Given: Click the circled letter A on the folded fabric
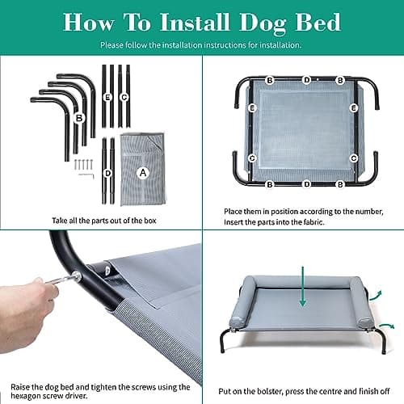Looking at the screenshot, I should tap(143, 171).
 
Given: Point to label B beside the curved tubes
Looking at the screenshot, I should tap(79, 118).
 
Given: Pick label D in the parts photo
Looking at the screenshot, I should tap(107, 173).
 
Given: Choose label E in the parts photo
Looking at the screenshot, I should tap(107, 96).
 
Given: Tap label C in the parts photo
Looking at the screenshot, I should tap(124, 96).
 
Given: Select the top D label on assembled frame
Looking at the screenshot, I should tap(306, 79).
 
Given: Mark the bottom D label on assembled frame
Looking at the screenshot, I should tap(306, 184).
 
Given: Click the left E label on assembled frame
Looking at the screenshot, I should tap(253, 107).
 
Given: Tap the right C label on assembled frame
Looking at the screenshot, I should tap(354, 157).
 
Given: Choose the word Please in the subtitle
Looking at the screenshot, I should tap(112, 44).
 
